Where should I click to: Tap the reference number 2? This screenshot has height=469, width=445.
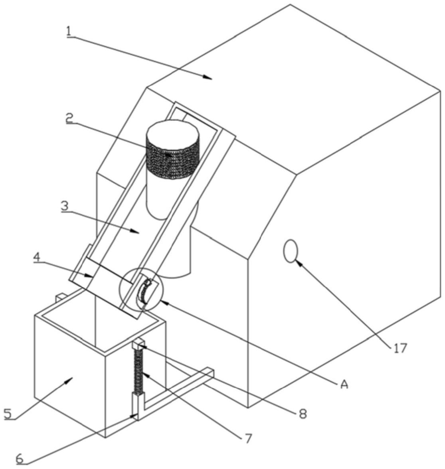69,118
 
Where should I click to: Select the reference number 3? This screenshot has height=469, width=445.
65,206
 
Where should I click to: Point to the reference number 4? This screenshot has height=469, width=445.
36,257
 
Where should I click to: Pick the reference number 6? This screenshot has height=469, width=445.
20,459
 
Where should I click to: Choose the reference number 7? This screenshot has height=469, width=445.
248,438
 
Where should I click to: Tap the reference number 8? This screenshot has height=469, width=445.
303,414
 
